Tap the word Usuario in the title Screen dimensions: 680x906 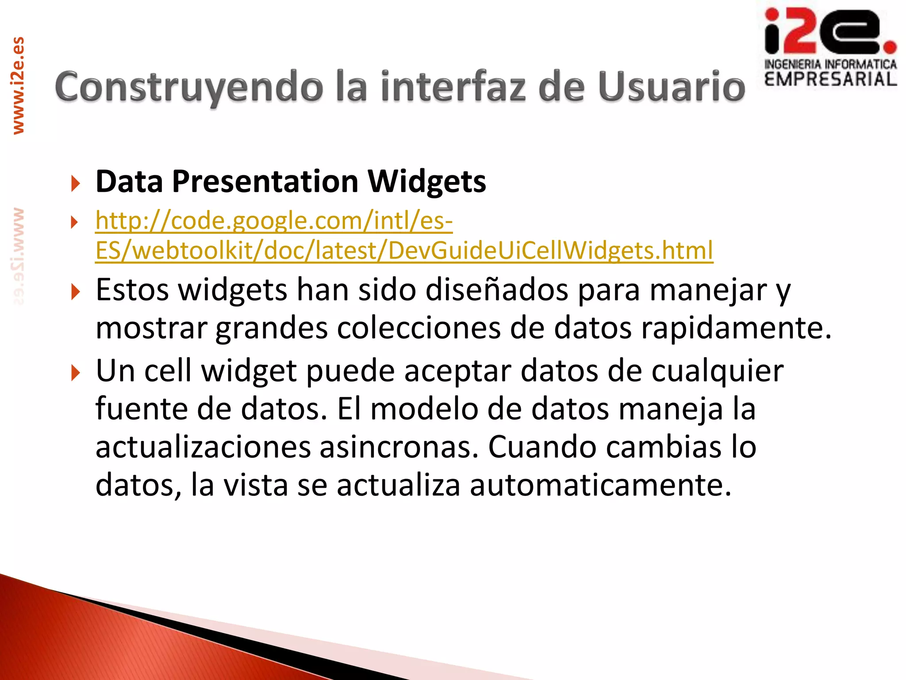click(x=672, y=87)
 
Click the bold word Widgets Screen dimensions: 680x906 click(x=427, y=182)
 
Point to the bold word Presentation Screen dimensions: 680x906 click(x=265, y=182)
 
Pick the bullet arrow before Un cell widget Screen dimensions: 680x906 click(x=76, y=373)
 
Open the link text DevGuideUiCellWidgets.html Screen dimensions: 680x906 click(x=550, y=251)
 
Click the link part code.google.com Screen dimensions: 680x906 click(x=267, y=221)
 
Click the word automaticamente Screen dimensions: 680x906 click(x=600, y=485)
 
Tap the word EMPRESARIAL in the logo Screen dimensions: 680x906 click(x=830, y=79)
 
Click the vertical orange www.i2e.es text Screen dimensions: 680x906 click(x=18, y=85)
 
